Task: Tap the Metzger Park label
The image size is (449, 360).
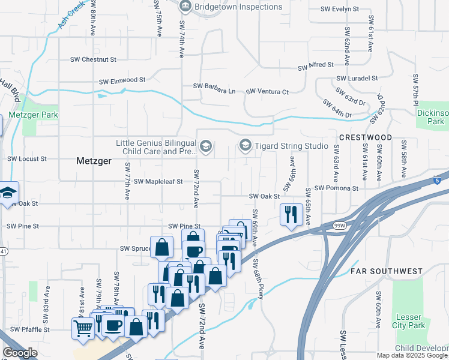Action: tap(34, 114)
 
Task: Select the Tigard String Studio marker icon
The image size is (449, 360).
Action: tap(245, 145)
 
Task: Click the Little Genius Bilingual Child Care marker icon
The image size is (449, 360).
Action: tap(206, 146)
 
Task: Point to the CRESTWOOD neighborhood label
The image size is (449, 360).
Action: tap(366, 137)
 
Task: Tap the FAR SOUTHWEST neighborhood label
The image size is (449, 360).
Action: tap(387, 271)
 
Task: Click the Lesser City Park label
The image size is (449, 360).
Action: tap(411, 321)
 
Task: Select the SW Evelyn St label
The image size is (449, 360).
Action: tap(339, 9)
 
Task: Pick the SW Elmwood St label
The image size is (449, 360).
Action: tap(122, 80)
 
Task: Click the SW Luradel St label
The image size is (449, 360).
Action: tap(357, 78)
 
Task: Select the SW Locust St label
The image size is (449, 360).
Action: tap(26, 159)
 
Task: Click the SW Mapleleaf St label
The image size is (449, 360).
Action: tap(158, 181)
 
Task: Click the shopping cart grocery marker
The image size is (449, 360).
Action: tap(82, 328)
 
